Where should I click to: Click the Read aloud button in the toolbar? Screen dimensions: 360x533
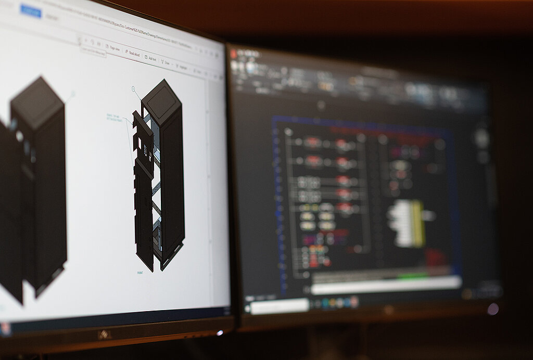(133, 54)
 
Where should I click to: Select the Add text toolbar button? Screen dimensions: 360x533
(151, 58)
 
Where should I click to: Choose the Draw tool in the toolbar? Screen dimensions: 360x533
(166, 62)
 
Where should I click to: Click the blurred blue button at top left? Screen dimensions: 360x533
(31, 11)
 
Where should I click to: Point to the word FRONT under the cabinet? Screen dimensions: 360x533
(140, 273)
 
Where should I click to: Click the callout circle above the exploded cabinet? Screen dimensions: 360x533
(133, 89)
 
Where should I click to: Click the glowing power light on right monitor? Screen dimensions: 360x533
(492, 309)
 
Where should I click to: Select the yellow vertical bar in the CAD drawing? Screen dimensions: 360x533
(417, 224)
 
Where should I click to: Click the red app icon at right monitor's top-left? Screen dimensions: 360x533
(234, 54)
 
